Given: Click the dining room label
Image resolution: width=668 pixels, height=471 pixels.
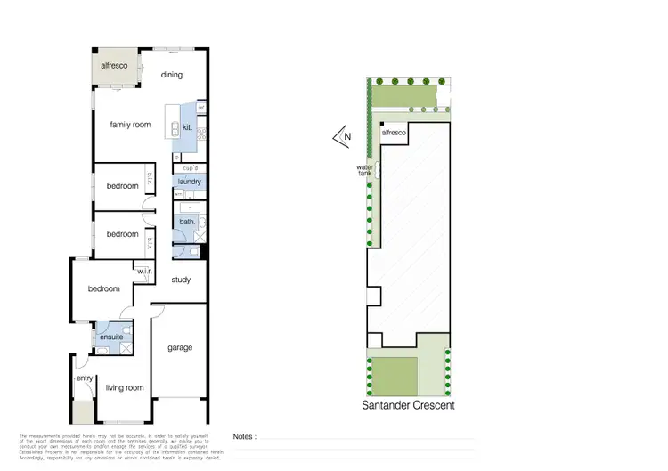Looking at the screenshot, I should click(171, 76).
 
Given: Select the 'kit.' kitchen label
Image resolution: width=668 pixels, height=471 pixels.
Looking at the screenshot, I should click(187, 127).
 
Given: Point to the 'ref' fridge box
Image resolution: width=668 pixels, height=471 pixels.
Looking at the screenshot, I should click(201, 109).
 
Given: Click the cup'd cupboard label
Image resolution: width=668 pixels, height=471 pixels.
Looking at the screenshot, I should click(189, 168).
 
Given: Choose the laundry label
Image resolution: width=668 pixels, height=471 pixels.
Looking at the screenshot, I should click(190, 182).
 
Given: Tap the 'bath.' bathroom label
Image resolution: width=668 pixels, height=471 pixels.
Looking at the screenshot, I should click(187, 221).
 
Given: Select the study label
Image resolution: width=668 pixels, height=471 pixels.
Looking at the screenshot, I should click(182, 280).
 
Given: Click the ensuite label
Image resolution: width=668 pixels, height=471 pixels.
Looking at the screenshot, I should click(111, 337).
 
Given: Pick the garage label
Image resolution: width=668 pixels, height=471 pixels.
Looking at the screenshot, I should click(180, 347).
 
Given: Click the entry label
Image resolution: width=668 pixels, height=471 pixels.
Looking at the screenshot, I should click(85, 378).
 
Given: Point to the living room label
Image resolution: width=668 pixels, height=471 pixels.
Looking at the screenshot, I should click(125, 387).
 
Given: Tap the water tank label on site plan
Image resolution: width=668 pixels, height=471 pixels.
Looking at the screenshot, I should click(363, 170).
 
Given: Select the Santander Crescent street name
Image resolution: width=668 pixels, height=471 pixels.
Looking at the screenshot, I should click(408, 405).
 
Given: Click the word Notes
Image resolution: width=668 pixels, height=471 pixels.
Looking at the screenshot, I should click(245, 437).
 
